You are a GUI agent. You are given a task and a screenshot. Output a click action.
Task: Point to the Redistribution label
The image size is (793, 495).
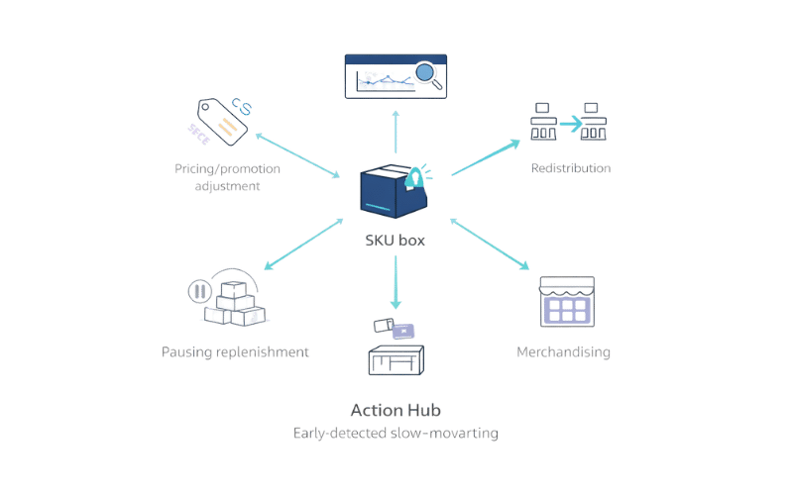[573, 167]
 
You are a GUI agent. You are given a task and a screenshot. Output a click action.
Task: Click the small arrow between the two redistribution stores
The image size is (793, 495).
[570, 124]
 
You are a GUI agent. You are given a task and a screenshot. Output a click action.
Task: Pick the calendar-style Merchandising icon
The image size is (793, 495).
[566, 302]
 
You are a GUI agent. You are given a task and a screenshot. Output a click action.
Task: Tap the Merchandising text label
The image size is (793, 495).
[562, 351]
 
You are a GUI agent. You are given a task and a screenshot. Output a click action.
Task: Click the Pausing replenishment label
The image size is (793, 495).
[237, 351]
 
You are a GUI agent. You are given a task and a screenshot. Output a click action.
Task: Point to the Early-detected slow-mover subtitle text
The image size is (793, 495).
[396, 433]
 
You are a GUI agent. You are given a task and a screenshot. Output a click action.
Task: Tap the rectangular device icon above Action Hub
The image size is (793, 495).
[396, 360]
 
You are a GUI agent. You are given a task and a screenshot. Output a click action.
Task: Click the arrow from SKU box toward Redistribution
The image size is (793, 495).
[486, 158]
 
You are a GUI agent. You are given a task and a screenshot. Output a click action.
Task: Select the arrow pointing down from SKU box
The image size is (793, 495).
[396, 281]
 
